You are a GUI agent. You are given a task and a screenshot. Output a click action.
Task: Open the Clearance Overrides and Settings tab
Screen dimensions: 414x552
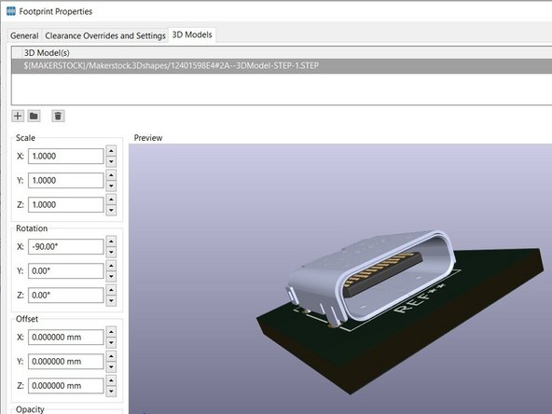(x=105, y=35)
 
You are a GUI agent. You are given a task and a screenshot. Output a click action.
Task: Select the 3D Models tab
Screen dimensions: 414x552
(x=191, y=35)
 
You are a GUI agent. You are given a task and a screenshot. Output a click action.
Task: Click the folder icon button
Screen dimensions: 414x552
(x=34, y=116)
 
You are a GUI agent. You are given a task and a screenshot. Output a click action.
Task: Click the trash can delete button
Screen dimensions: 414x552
(x=58, y=116)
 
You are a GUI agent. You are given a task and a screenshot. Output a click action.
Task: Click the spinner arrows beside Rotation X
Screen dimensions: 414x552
(x=111, y=247)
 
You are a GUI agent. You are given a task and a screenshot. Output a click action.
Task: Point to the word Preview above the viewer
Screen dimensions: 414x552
(x=149, y=138)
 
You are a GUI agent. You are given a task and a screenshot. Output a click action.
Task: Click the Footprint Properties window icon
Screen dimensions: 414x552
(x=10, y=10)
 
